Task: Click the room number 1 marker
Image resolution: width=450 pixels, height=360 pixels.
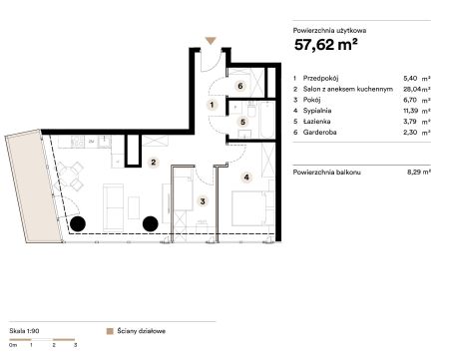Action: click(212, 105)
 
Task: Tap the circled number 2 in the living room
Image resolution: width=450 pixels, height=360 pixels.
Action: click(153, 163)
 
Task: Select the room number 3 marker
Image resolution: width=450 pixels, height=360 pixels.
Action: click(203, 200)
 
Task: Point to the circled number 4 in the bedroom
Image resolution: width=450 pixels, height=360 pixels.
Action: click(246, 178)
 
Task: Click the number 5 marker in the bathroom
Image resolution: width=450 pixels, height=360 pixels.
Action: click(242, 122)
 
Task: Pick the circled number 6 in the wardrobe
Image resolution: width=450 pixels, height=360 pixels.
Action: click(240, 86)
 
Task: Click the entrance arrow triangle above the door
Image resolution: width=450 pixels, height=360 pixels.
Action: click(211, 41)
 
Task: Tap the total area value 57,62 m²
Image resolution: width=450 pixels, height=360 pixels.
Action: click(326, 45)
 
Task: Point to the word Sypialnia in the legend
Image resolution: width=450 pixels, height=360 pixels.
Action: click(317, 111)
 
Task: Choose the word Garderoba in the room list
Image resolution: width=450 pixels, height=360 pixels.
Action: click(319, 132)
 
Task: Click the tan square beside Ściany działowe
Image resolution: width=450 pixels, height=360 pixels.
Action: click(110, 331)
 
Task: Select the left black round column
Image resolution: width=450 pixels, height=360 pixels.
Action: click(78, 223)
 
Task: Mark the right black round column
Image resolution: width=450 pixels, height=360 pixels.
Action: click(150, 223)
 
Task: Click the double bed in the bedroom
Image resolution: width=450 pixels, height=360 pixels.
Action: click(252, 208)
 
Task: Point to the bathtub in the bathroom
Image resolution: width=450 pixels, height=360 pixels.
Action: click(267, 120)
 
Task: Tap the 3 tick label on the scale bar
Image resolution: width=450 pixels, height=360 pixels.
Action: click(75, 345)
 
